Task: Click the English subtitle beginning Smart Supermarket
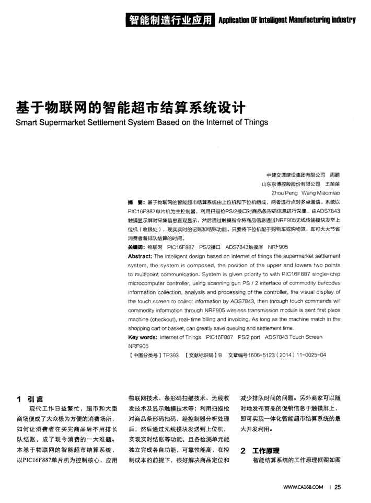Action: pyautogui.click(x=142, y=123)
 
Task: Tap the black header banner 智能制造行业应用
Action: pyautogui.click(x=172, y=20)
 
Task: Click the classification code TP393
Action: pyautogui.click(x=171, y=355)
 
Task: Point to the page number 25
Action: pyautogui.click(x=337, y=488)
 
